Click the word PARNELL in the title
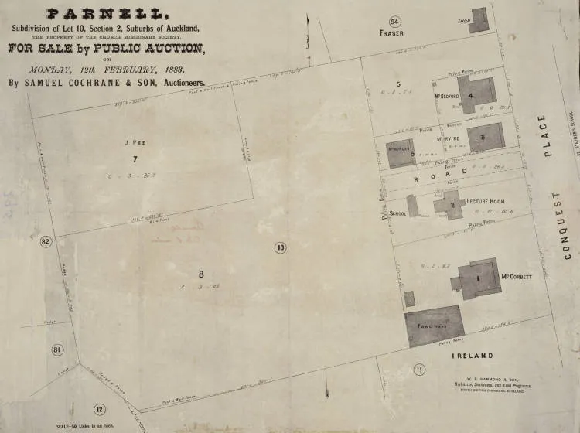click(x=107, y=13)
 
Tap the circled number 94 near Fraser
click(x=395, y=21)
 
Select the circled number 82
click(x=46, y=242)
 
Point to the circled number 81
click(x=57, y=350)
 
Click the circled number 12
click(x=98, y=409)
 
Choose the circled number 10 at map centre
click(x=280, y=247)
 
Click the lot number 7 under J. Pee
click(x=135, y=160)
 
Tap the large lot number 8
click(x=202, y=274)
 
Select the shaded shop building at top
click(x=479, y=20)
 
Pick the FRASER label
click(x=393, y=35)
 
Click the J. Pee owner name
click(x=135, y=142)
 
